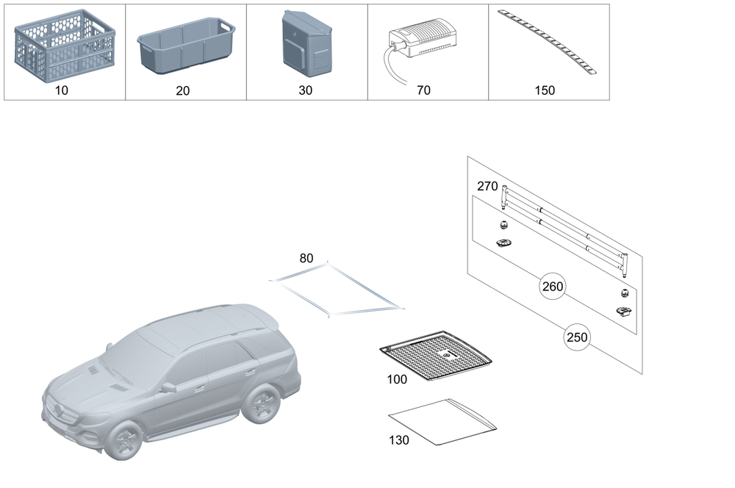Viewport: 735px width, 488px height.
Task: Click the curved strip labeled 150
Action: [x=547, y=41]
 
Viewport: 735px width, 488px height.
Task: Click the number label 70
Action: [x=423, y=90]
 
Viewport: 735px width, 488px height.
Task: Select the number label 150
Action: [x=545, y=90]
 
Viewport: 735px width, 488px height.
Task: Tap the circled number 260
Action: [x=552, y=287]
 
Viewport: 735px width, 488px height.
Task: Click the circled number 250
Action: [x=577, y=338]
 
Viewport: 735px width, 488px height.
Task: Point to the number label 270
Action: [x=487, y=187]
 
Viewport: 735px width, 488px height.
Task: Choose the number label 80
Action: [x=306, y=258]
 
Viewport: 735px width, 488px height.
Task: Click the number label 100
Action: [x=396, y=380]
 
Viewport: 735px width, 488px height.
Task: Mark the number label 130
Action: [x=399, y=439]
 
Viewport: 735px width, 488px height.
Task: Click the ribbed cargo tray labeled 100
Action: [x=436, y=355]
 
